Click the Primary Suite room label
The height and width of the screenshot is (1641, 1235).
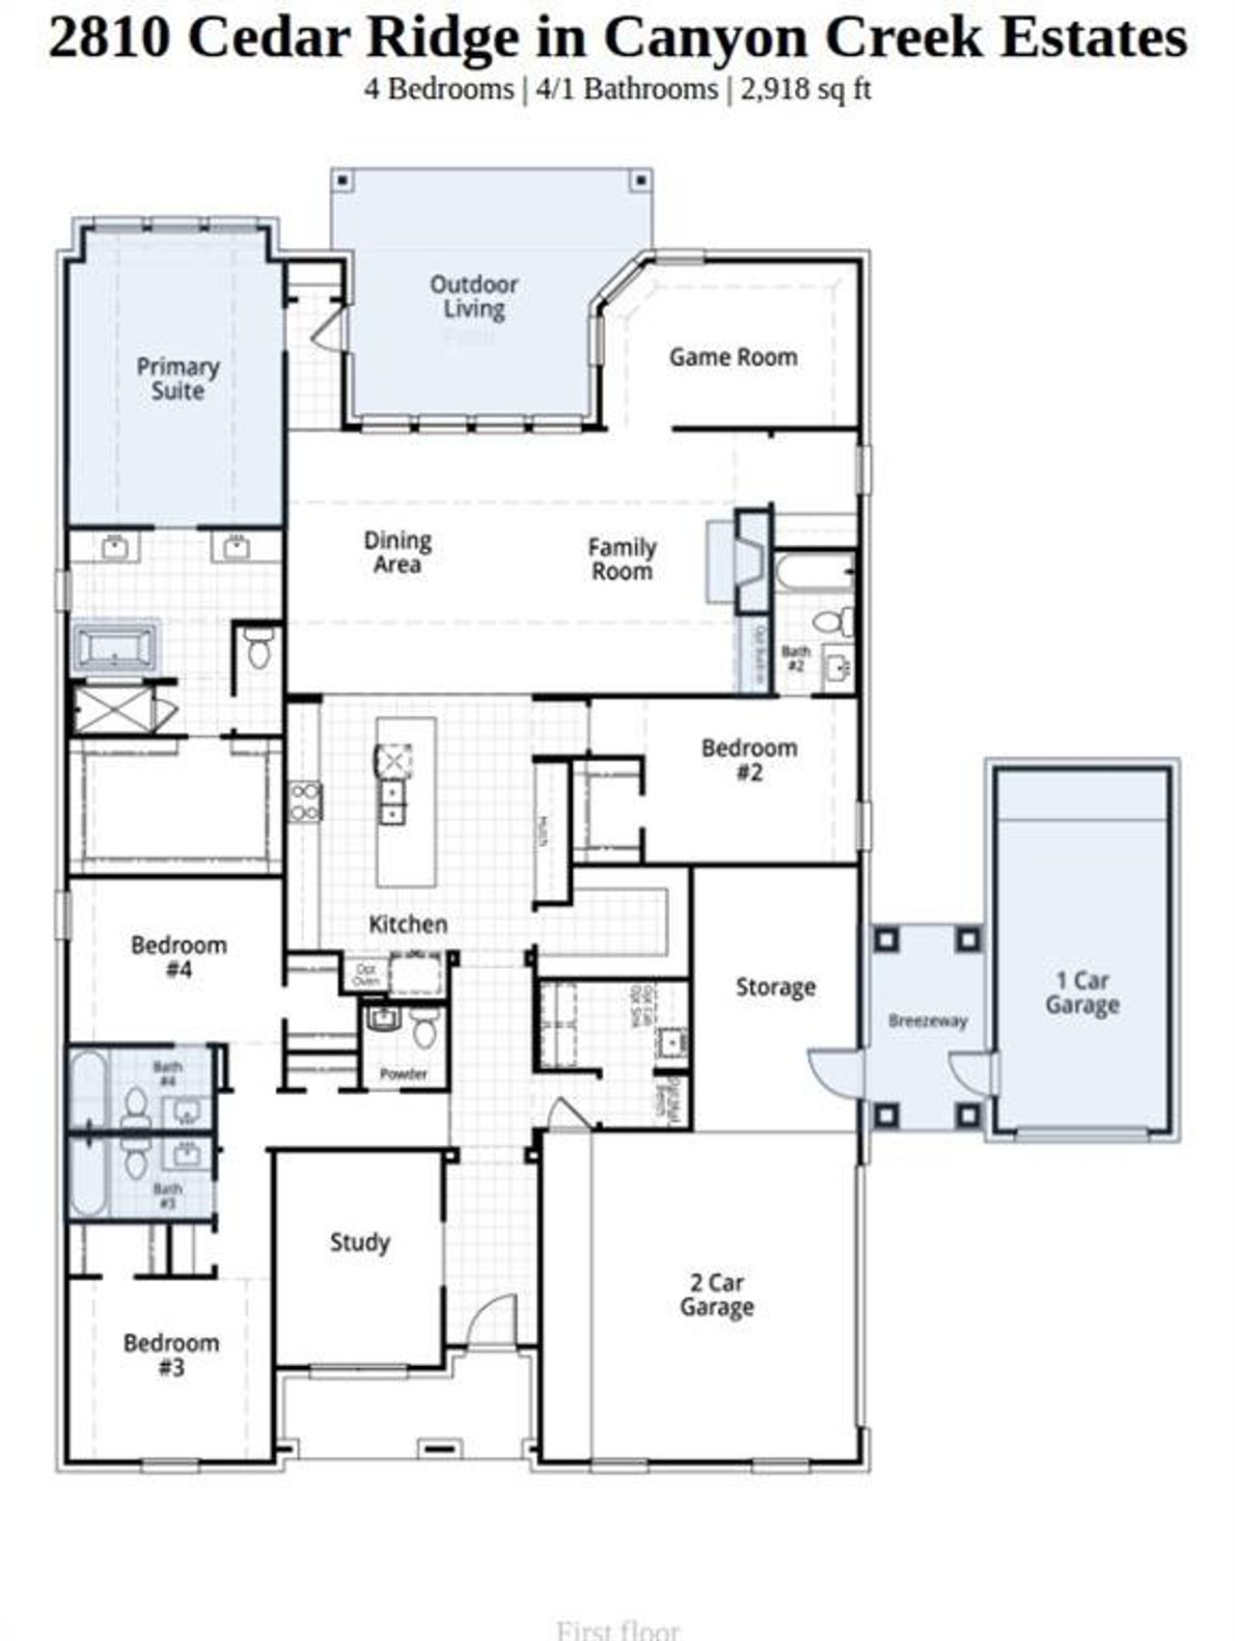(x=178, y=379)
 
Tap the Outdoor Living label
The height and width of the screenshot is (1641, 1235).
(x=474, y=296)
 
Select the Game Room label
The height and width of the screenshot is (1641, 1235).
(x=733, y=357)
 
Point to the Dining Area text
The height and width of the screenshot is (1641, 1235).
(x=398, y=553)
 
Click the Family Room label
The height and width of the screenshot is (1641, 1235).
(x=622, y=560)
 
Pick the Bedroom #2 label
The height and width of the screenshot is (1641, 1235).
(x=750, y=759)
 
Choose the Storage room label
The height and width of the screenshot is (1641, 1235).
(x=776, y=987)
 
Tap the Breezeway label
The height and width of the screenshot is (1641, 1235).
(x=927, y=1021)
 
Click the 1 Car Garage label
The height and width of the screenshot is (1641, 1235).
(x=1082, y=993)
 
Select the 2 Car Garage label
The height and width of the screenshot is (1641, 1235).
(x=717, y=1295)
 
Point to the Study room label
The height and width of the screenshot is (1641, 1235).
(x=360, y=1243)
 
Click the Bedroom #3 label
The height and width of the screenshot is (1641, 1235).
(x=171, y=1354)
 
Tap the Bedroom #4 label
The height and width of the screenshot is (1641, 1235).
(x=178, y=957)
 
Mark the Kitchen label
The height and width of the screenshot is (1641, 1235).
(x=408, y=924)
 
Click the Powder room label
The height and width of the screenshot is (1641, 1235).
(x=403, y=1073)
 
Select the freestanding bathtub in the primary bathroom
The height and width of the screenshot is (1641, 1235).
(x=115, y=646)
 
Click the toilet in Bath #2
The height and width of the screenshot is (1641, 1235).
(x=835, y=621)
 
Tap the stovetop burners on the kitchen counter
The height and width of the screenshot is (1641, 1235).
(x=305, y=802)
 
